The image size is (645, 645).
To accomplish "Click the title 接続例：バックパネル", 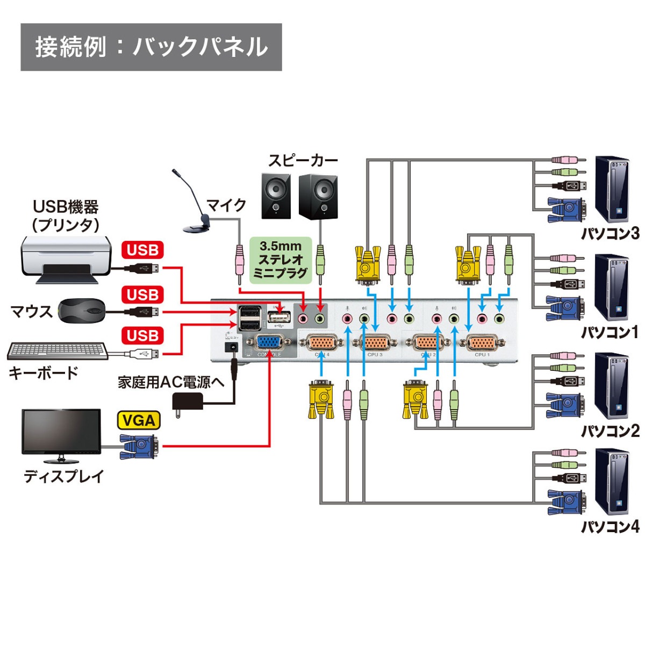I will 151,47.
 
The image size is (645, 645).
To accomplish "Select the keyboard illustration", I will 57,350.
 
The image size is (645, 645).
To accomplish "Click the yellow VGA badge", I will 139,420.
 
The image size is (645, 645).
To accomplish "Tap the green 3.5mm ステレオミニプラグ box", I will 281,260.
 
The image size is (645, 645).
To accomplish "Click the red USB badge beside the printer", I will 142,250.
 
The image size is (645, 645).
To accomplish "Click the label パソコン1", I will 610,332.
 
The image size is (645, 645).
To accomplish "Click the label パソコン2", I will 610,431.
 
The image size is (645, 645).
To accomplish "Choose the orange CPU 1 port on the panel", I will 482,342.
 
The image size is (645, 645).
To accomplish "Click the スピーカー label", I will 303,160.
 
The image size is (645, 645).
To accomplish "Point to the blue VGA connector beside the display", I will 139,446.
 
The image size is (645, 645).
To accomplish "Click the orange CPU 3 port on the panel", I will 374,342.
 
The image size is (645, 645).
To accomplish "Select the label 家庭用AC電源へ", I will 171,382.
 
